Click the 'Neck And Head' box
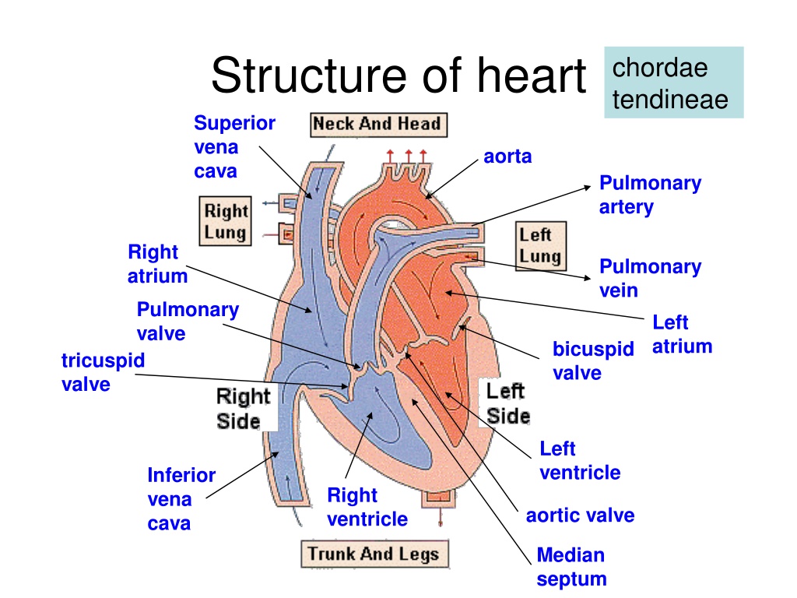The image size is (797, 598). tap(379, 125)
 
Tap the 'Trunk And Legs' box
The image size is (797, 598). tap(374, 554)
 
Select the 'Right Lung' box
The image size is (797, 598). tap(225, 221)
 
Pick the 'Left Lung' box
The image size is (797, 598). tap(540, 245)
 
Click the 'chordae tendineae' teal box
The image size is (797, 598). tap(673, 83)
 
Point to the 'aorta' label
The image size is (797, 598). tap(507, 157)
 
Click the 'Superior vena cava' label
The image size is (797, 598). tap(234, 147)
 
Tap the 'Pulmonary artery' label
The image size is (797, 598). tap(650, 195)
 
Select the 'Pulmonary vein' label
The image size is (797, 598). tap(650, 278)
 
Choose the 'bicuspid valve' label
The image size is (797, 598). tap(593, 361)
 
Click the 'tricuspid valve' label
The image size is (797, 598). tap(103, 372)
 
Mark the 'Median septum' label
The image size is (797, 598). tap(571, 567)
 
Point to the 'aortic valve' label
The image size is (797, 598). tap(580, 515)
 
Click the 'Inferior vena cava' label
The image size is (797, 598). tap(181, 499)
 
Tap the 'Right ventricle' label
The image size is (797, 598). tap(367, 507)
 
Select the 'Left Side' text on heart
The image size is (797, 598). tap(507, 404)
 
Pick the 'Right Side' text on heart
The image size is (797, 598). tap(243, 409)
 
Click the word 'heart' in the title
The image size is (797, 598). tap(531, 76)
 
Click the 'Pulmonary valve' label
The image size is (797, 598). tap(188, 322)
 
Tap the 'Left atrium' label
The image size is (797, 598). tap(682, 334)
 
